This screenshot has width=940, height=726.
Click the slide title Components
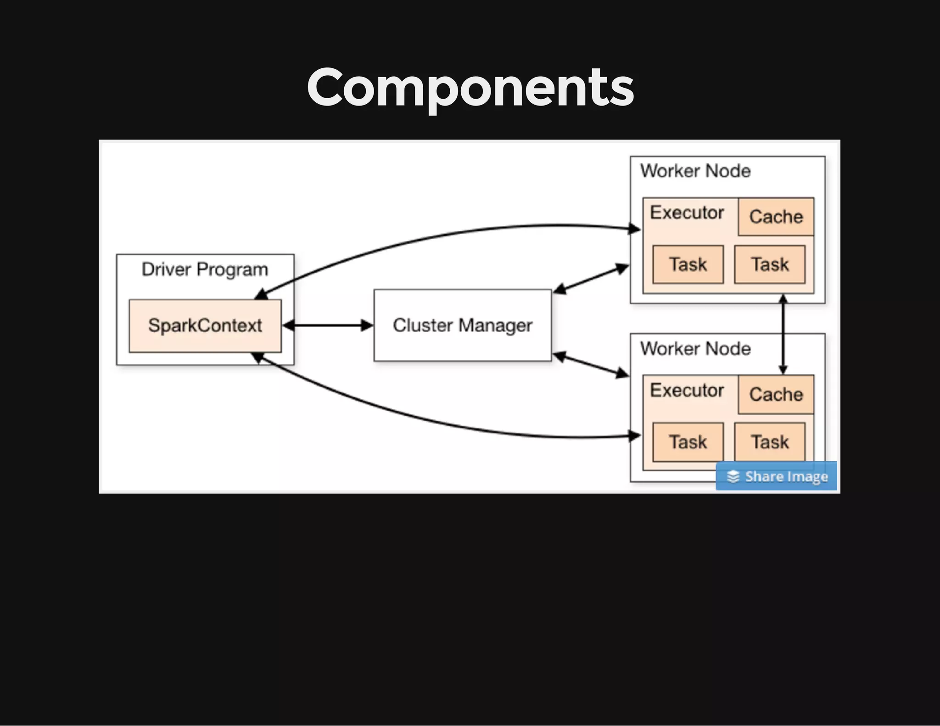470,87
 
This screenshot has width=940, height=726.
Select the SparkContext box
205,326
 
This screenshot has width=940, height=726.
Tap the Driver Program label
205,269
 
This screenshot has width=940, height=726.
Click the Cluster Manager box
462,325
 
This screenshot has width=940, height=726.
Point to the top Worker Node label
695,171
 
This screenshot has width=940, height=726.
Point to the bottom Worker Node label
695,349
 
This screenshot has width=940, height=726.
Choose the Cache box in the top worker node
776,217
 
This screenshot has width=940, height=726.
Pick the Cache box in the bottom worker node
776,394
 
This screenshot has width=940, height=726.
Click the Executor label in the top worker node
687,213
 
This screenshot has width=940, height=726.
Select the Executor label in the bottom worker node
687,391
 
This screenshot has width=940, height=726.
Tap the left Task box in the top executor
688,264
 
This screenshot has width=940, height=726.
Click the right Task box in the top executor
769,264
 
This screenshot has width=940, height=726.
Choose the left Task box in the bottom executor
688,442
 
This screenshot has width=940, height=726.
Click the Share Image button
776,476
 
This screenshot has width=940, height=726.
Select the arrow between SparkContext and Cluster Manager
328,326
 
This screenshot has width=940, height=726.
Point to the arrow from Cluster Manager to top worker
591,279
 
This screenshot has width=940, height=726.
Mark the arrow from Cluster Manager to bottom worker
591,365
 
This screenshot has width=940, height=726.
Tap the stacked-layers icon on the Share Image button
733,476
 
